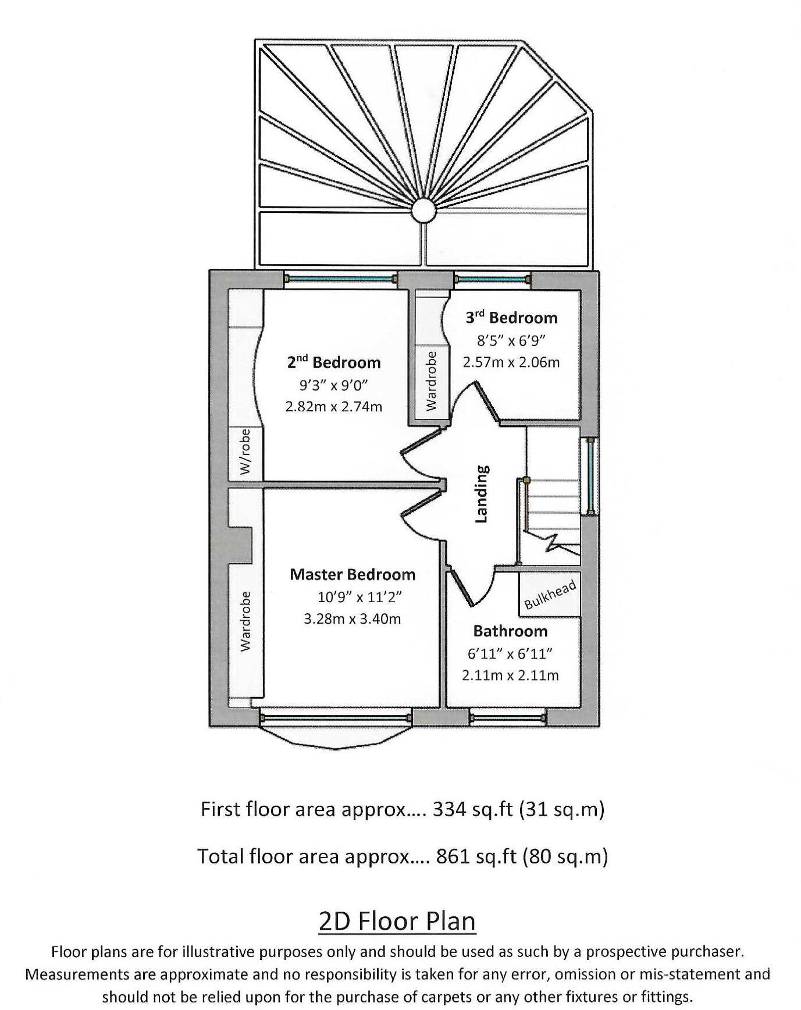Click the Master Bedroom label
pos(353,575)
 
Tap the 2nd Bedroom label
pos(334,362)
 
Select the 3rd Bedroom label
pos(511,318)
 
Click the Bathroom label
pos(510,631)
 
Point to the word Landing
pos(482,494)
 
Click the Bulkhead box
pos(550,595)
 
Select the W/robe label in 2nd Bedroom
pos(245,452)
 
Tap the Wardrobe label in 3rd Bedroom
pos(431,382)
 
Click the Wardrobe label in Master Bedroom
pos(245,621)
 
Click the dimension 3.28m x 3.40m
pos(353,619)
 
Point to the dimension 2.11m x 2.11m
pos(510,675)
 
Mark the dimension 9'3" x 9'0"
pos(334,385)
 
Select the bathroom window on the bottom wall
pos(507,717)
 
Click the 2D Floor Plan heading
pos(397,921)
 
